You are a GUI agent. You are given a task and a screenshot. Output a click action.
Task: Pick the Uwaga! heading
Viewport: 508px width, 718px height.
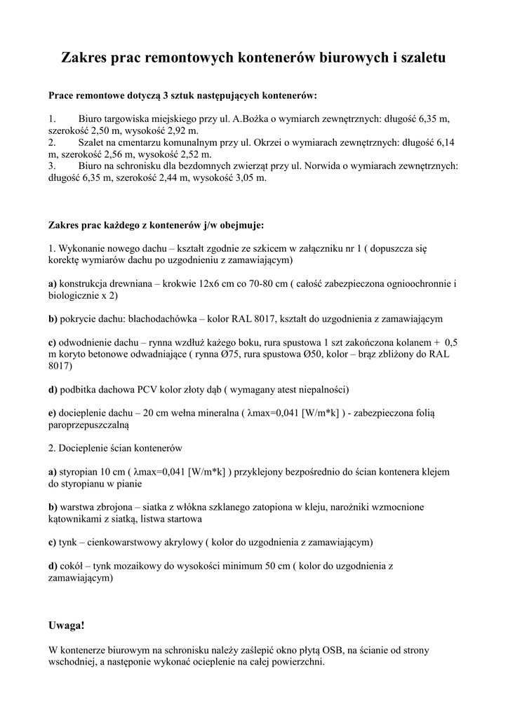67,625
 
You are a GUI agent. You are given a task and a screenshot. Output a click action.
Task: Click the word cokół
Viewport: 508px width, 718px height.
72,565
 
